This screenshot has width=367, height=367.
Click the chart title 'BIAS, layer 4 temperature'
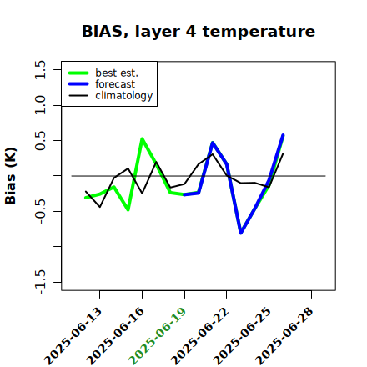(x=199, y=32)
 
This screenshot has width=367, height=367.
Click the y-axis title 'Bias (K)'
(x=11, y=176)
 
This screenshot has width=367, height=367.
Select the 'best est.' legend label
(x=117, y=73)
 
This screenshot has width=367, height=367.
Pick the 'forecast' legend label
(x=115, y=84)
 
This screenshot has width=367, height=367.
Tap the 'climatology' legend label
(x=124, y=96)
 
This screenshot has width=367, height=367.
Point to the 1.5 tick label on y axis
(x=40, y=69)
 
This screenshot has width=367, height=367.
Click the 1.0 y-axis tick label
(x=40, y=105)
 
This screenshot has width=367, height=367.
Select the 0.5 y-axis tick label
(x=40, y=140)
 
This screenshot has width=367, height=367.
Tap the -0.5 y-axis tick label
(x=40, y=211)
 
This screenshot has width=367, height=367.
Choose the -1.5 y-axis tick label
(x=40, y=282)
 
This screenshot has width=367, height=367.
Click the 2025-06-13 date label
(x=73, y=336)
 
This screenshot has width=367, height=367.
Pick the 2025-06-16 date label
(x=115, y=336)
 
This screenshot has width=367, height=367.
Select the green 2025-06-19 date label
(x=158, y=336)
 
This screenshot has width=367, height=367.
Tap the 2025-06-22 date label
(x=199, y=336)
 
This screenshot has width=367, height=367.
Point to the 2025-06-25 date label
(x=242, y=336)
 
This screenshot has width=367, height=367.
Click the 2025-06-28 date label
(x=284, y=336)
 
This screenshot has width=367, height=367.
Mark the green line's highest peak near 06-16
(x=142, y=138)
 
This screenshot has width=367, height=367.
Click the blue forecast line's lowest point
(x=241, y=233)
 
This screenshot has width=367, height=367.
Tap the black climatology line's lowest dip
(x=100, y=207)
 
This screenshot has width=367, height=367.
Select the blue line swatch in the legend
(x=78, y=84)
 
